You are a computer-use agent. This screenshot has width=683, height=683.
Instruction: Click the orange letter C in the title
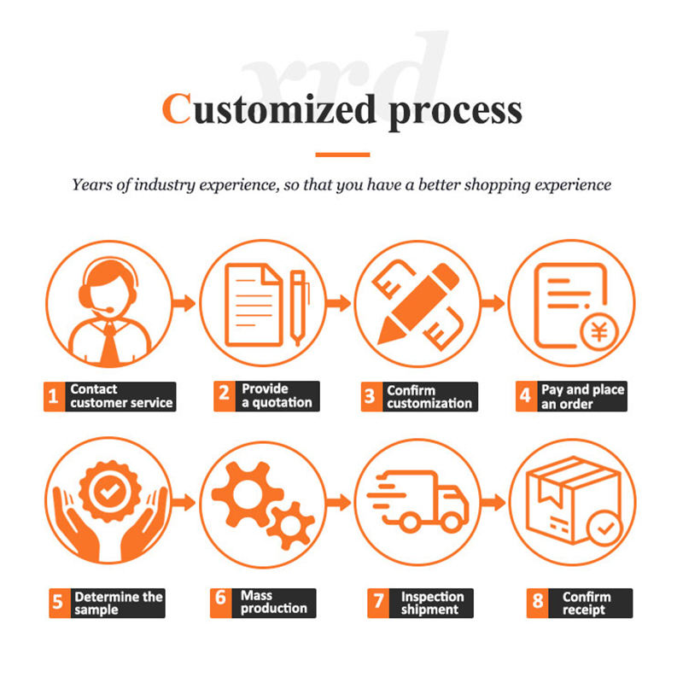pos(177,108)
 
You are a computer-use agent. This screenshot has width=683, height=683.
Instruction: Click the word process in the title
pos(455,113)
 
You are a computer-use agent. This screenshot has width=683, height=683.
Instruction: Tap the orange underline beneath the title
pos(342,155)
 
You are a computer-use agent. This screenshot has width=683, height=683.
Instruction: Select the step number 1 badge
pos(54,396)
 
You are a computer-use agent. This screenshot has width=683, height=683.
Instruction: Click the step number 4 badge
pos(526,396)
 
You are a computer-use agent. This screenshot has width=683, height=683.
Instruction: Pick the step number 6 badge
pos(221,603)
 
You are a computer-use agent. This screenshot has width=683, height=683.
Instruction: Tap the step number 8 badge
pos(538,603)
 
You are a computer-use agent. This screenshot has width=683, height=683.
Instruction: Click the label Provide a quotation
pos(277,395)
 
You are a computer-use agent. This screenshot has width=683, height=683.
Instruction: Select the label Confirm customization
pos(429,397)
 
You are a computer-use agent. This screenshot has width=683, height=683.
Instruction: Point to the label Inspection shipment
pos(432,604)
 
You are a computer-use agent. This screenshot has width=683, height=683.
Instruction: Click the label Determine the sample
pos(119,604)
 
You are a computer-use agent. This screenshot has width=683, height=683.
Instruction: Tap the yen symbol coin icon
pos(599,332)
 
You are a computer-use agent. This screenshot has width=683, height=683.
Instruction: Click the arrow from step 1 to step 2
pos(184,303)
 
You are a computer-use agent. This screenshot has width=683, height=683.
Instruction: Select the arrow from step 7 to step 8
pos(493,502)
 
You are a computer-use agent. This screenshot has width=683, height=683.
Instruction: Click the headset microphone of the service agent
pos(104,310)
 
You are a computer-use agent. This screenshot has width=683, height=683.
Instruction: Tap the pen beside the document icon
pos(298,307)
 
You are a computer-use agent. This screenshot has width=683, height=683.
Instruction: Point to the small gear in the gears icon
pos(290,525)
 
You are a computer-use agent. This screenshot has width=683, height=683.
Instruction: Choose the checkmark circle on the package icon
pos(605,528)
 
